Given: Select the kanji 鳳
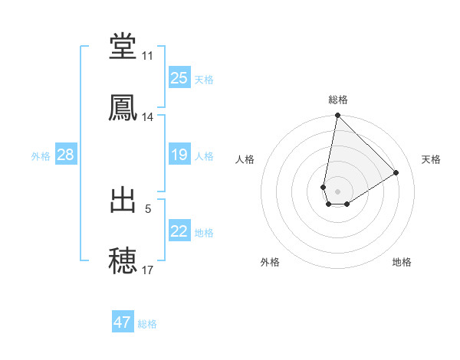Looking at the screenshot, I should point(123,107).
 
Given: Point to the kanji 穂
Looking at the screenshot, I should point(123,260).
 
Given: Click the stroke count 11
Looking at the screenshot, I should point(147,56).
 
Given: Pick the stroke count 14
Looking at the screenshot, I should point(147,117).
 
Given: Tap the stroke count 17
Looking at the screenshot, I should point(147,270).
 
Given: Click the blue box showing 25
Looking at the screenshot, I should point(179,78).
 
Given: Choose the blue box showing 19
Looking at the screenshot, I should point(179,155).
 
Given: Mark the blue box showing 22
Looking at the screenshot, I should point(179,231).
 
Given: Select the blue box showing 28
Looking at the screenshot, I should point(65,155).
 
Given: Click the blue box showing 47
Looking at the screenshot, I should point(122,322).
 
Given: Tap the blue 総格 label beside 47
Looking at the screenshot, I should point(147,324).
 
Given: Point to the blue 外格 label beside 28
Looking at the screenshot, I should point(41,156).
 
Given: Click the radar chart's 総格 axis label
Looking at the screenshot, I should point(337,100).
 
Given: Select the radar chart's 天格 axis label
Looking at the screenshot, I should point(431,159).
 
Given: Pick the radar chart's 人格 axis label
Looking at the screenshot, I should point(245,159).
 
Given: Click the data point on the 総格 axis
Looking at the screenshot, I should point(337,116).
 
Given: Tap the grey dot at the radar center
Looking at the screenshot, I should point(337,180).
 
